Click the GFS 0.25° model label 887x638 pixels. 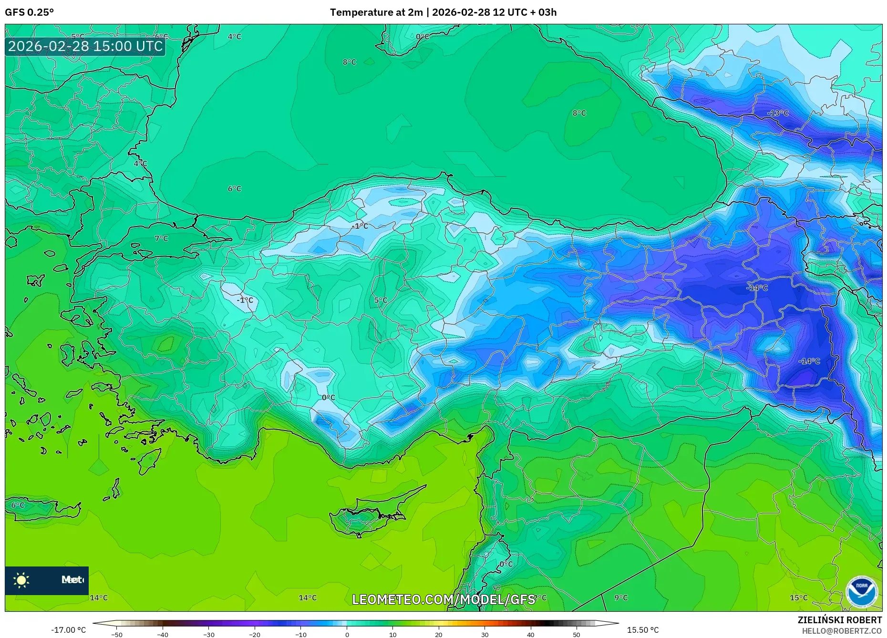[29, 12]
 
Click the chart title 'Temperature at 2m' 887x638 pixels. [376, 12]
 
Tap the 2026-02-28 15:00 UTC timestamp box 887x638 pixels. [85, 46]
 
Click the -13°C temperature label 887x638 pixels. [778, 113]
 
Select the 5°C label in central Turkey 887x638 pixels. [381, 300]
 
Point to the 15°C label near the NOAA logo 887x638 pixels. [799, 598]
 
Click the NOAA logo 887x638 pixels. [861, 592]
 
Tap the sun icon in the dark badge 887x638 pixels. [21, 580]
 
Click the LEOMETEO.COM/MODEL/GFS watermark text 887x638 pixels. [443, 599]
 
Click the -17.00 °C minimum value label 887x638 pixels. [68, 630]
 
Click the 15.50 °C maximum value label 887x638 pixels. [643, 630]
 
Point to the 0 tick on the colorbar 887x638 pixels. [347, 635]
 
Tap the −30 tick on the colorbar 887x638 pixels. [209, 635]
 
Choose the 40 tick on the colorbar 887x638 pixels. [531, 635]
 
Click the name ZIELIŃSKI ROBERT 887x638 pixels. [839, 620]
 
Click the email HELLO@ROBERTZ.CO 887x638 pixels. [841, 631]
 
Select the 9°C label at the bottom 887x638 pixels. [621, 598]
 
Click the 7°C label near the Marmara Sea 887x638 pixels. [162, 238]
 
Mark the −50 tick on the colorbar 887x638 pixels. [117, 635]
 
